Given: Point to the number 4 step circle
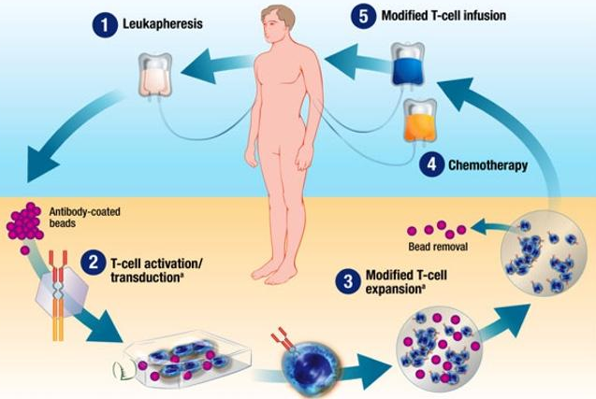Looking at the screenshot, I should (429, 165).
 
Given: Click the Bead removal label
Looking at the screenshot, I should (438, 248).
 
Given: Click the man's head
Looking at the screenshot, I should (280, 24).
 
